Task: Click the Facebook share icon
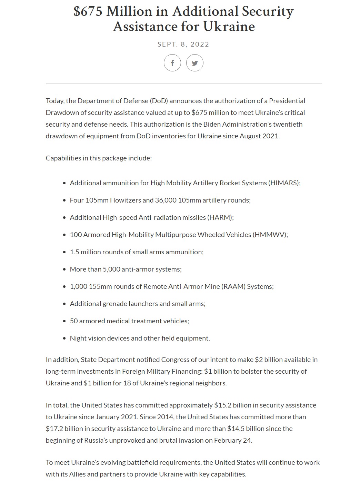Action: coord(172,63)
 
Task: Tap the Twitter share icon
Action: coord(195,63)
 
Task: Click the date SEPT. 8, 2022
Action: coord(183,44)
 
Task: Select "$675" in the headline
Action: coord(88,11)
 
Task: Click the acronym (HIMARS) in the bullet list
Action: coord(284,183)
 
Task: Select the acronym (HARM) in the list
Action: coord(220,217)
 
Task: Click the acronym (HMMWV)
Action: coord(270,235)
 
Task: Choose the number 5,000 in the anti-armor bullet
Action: coord(112,269)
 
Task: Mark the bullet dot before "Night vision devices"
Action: coord(64,338)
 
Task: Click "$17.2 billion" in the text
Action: coord(63,429)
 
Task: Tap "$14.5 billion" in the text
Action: coord(244,429)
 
